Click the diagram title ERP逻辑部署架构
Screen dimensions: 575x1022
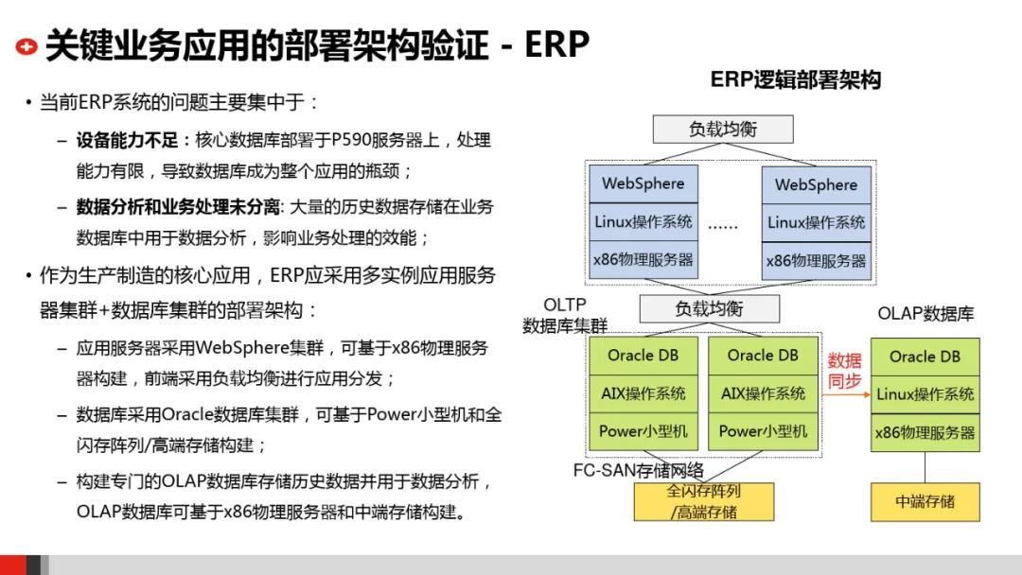(795, 80)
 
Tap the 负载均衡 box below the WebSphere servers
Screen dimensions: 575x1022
(709, 309)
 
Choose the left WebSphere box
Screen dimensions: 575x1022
(643, 183)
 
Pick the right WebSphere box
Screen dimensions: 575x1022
(816, 184)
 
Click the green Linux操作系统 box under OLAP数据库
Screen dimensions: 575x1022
(925, 394)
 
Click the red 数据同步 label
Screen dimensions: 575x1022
(845, 372)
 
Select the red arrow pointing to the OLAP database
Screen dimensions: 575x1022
(846, 394)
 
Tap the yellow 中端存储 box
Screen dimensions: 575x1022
(925, 501)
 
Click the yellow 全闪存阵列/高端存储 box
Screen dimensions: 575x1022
(703, 502)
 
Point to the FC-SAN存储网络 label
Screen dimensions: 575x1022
(638, 470)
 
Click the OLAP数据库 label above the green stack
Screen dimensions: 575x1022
(925, 314)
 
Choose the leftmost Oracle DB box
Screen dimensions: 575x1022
(643, 356)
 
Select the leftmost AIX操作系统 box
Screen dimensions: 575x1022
(643, 393)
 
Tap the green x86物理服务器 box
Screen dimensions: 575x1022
(925, 432)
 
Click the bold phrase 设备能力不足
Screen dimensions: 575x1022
(127, 141)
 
